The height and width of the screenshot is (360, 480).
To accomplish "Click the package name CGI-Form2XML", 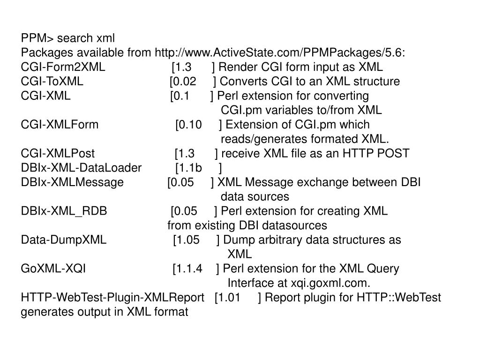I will [x=63, y=67].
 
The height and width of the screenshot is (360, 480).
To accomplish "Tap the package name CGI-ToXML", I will [x=52, y=82].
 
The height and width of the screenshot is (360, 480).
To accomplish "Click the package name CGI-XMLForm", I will [x=60, y=125].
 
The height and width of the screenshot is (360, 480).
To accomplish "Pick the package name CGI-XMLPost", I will [x=58, y=154].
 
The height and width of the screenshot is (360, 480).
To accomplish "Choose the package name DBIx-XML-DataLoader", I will [x=81, y=168].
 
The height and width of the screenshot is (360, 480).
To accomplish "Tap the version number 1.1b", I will [x=190, y=168].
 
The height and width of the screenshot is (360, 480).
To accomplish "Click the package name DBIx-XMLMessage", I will [x=72, y=182].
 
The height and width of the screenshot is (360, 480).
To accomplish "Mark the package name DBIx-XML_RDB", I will [x=64, y=211].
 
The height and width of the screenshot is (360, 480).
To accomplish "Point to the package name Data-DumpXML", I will [x=64, y=240].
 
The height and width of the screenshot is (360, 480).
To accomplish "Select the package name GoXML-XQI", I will [x=53, y=269].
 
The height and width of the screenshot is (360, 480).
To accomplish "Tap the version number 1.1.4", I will [x=189, y=269].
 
